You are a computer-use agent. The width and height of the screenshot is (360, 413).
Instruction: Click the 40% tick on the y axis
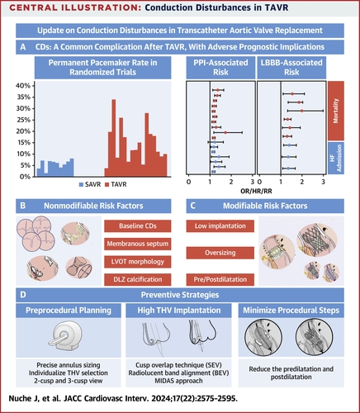click(25, 86)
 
